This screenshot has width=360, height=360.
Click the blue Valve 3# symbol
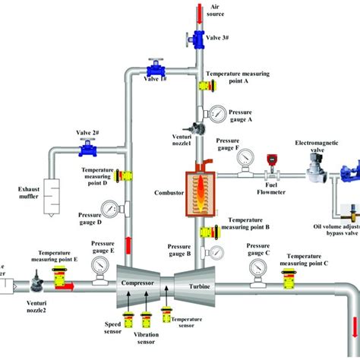(x=196, y=38)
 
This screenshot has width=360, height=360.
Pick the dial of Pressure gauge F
(x=244, y=158)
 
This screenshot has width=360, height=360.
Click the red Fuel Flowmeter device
(x=270, y=161)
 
